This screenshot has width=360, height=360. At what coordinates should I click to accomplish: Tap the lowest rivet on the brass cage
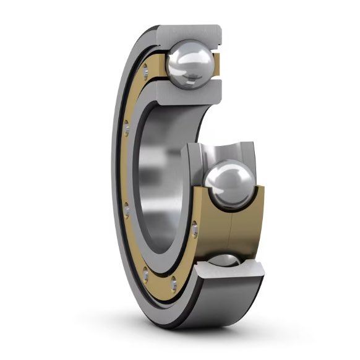pyautogui.click(x=173, y=285)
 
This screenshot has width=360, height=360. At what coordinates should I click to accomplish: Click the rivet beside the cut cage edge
pyautogui.click(x=196, y=230)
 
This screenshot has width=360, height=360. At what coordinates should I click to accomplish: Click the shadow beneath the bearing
pyautogui.click(x=186, y=337)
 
